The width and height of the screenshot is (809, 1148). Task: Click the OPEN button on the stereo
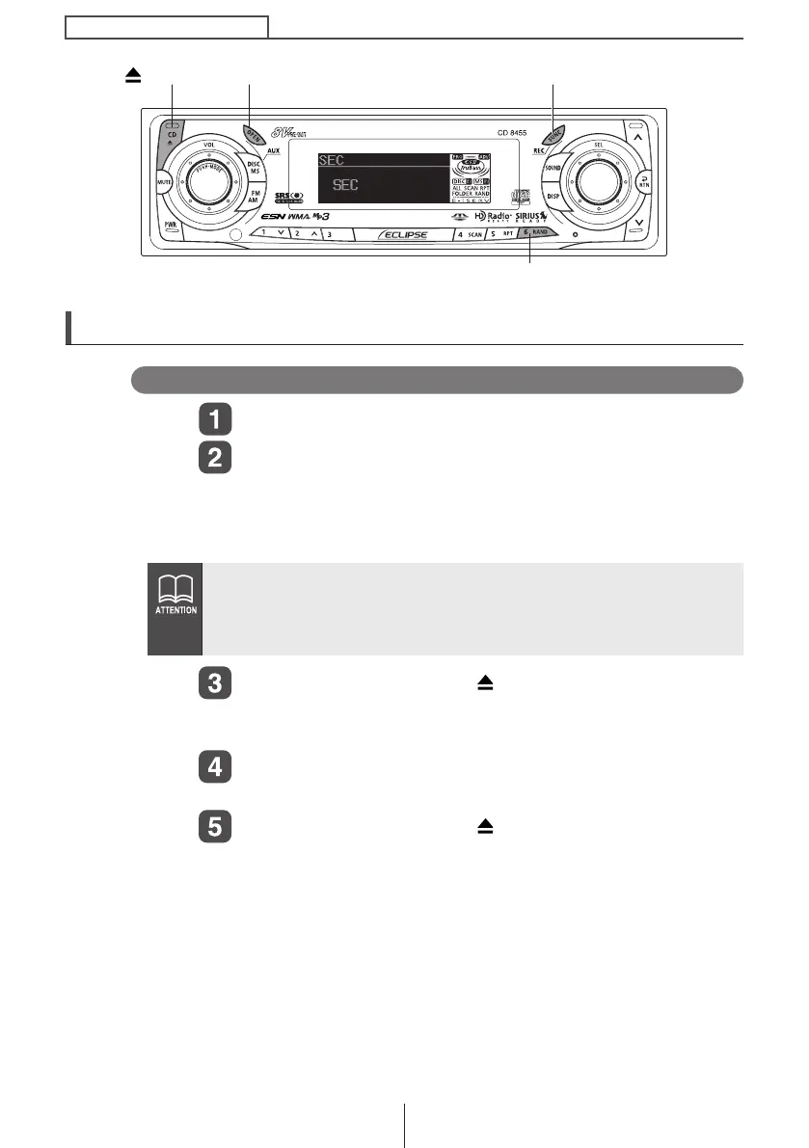pyautogui.click(x=254, y=134)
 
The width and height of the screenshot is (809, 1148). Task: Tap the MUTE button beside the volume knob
pyautogui.click(x=163, y=180)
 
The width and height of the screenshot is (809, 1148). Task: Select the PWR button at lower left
pyautogui.click(x=170, y=225)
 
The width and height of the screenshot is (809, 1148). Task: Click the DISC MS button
pyautogui.click(x=255, y=167)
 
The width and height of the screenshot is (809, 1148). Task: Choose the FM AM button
pyautogui.click(x=255, y=197)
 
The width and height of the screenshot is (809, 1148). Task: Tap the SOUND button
pyautogui.click(x=553, y=167)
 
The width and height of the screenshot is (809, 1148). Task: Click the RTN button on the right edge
pyautogui.click(x=641, y=180)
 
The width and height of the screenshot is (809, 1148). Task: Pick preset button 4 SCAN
pyautogui.click(x=470, y=234)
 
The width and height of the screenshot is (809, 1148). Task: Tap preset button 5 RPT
pyautogui.click(x=502, y=234)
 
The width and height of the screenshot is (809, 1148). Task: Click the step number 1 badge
pyautogui.click(x=215, y=421)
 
